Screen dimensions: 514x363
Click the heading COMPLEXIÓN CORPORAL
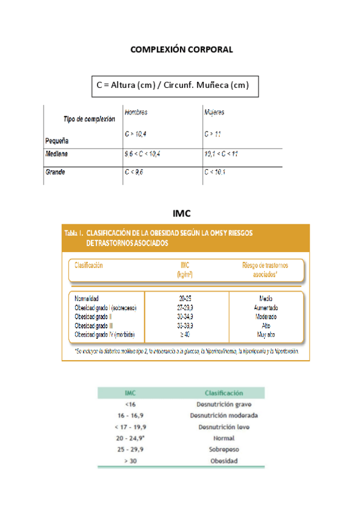tap(181, 49)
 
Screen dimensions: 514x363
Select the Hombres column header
tap(136, 113)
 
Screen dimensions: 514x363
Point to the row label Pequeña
tap(56, 140)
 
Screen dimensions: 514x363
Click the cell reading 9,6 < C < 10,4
tap(142, 155)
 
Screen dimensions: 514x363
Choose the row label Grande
tap(55, 172)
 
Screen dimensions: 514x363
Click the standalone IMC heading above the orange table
tap(181, 213)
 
